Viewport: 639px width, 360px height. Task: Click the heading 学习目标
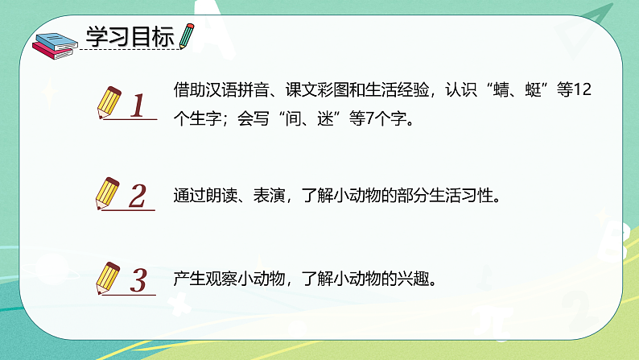tap(132, 37)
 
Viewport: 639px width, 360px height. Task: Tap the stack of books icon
tap(56, 44)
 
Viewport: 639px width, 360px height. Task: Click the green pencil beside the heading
tap(188, 35)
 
